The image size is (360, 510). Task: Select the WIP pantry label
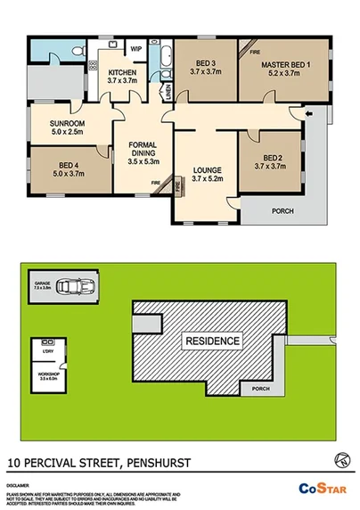(x=136, y=48)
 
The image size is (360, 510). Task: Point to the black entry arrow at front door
(x=309, y=113)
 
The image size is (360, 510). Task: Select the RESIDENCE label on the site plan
(x=211, y=341)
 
